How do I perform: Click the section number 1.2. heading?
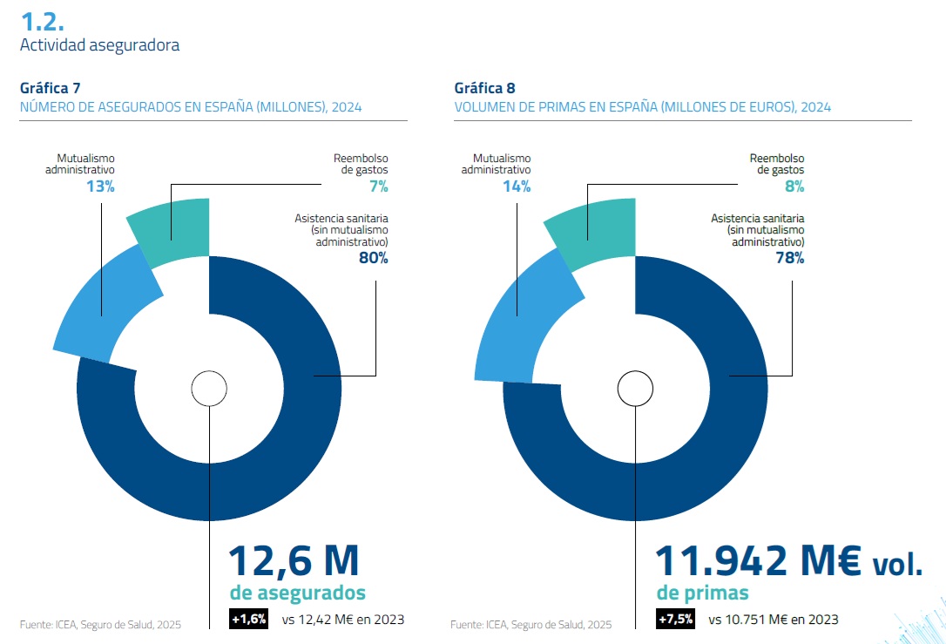click(x=42, y=21)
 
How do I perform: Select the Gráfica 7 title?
click(x=51, y=88)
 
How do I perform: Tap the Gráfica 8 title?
click(x=484, y=88)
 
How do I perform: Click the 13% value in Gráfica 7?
click(x=100, y=186)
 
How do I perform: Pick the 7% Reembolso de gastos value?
click(x=378, y=186)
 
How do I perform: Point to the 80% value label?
click(x=373, y=257)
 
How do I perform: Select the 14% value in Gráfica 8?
click(x=517, y=186)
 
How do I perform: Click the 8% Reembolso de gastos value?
click(x=794, y=186)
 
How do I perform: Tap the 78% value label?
click(x=789, y=257)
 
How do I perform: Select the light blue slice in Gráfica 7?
click(x=105, y=305)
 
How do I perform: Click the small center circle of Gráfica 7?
click(x=209, y=388)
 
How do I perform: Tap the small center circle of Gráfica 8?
click(x=636, y=388)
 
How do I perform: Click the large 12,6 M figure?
click(x=294, y=560)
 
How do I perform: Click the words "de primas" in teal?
click(x=702, y=593)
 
